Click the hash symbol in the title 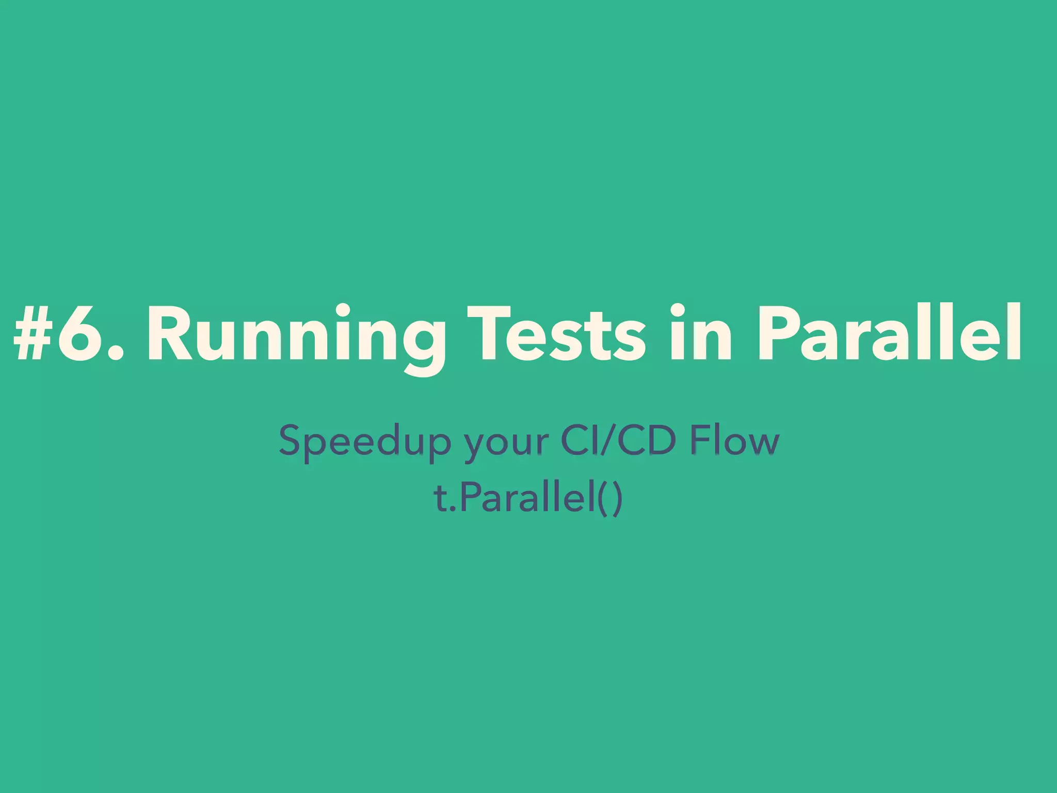[34, 333]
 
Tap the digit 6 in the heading [77, 333]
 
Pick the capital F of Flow [700, 440]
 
